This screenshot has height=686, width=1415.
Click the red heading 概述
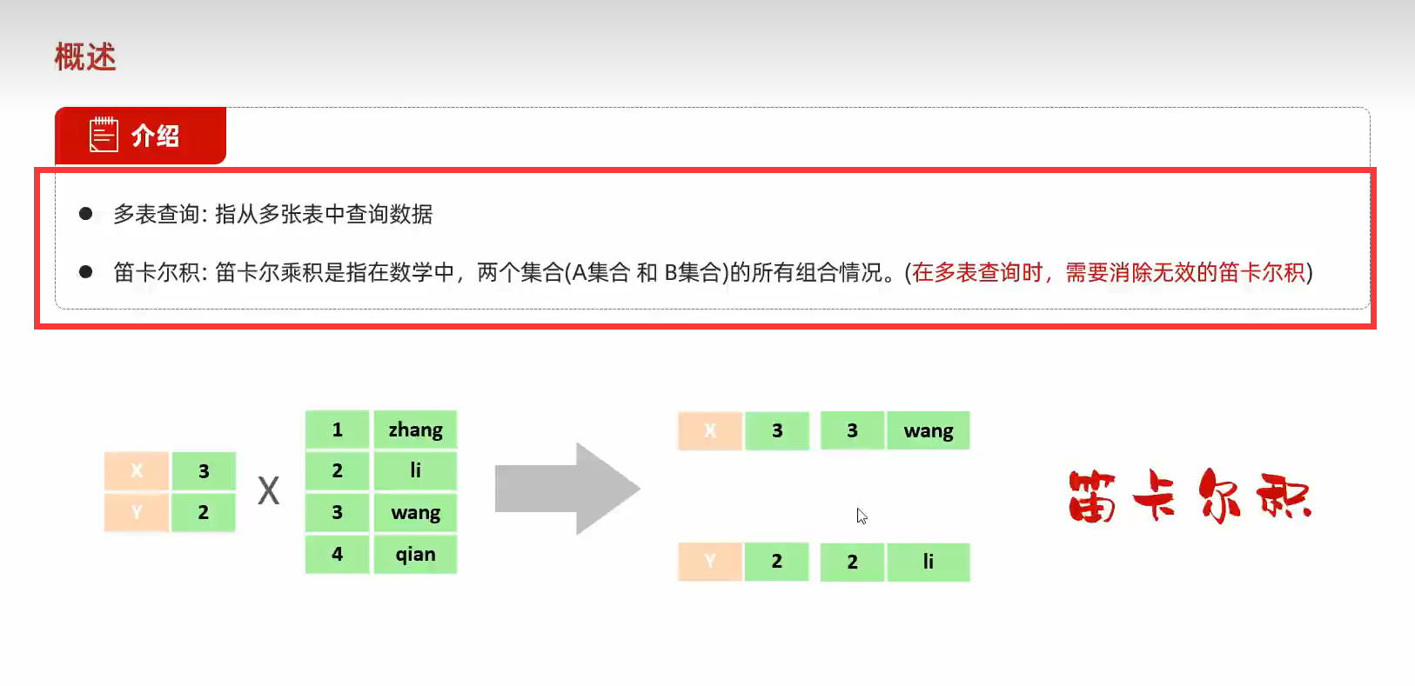pos(85,57)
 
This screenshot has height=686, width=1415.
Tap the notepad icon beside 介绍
pos(104,135)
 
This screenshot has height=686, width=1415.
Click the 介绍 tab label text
pos(155,136)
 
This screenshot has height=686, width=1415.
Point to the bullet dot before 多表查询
pos(85,213)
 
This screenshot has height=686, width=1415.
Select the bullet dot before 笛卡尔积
pos(85,271)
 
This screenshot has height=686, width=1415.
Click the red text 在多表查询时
pos(977,273)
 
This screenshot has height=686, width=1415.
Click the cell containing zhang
pos(415,430)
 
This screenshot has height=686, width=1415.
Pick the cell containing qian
pos(415,554)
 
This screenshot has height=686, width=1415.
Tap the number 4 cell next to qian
pos(337,554)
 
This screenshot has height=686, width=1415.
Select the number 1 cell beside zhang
pos(337,430)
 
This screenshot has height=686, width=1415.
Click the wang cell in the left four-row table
pos(415,512)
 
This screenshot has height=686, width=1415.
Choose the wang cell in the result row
pos(928,430)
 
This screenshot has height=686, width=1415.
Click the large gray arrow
pos(567,489)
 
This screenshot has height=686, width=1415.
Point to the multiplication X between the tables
pos(268,491)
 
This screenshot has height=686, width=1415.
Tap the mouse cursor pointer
pos(861,516)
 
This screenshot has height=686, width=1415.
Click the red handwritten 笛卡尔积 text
pos(1189,496)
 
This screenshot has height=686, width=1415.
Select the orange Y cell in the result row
pos(710,562)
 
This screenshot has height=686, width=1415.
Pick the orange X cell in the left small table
pos(137,470)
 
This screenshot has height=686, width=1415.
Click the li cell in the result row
pos(928,562)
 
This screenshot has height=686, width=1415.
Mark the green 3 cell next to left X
pos(204,470)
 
